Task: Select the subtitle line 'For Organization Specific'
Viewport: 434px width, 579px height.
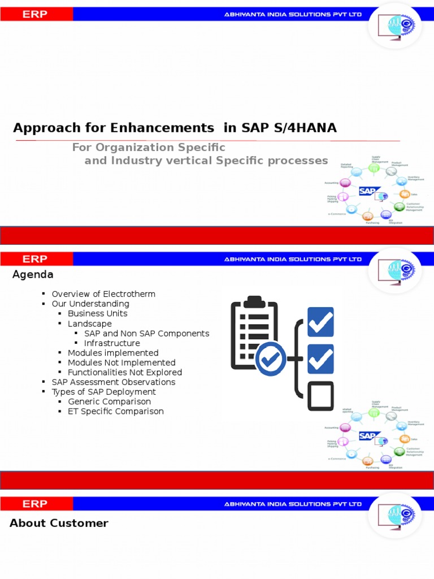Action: tap(149, 148)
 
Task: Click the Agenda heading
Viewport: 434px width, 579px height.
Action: tap(33, 275)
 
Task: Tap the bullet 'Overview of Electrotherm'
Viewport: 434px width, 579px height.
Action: tap(103, 294)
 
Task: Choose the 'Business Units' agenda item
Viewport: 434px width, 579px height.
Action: tap(97, 313)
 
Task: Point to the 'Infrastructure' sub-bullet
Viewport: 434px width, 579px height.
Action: tap(112, 343)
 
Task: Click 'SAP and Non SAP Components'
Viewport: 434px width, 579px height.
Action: tap(146, 334)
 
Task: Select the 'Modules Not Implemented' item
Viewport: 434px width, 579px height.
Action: tap(121, 362)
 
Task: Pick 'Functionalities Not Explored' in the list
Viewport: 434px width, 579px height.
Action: tap(125, 372)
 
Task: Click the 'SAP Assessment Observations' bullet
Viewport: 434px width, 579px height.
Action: tap(113, 382)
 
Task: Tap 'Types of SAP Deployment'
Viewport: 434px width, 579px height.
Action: tap(103, 392)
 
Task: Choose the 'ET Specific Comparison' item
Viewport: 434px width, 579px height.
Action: tap(115, 411)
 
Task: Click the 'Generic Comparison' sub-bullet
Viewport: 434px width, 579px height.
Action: tap(109, 401)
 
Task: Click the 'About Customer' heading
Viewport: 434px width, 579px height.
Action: tap(59, 523)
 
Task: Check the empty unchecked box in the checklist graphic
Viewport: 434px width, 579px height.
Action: tap(320, 396)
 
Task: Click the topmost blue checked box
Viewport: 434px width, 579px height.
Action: tap(320, 322)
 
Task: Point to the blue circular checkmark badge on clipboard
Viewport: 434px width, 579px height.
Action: tap(271, 358)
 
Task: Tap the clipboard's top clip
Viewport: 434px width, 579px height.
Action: tap(255, 300)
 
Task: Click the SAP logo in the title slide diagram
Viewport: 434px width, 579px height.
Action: tap(368, 191)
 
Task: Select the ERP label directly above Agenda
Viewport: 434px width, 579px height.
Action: tap(35, 259)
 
